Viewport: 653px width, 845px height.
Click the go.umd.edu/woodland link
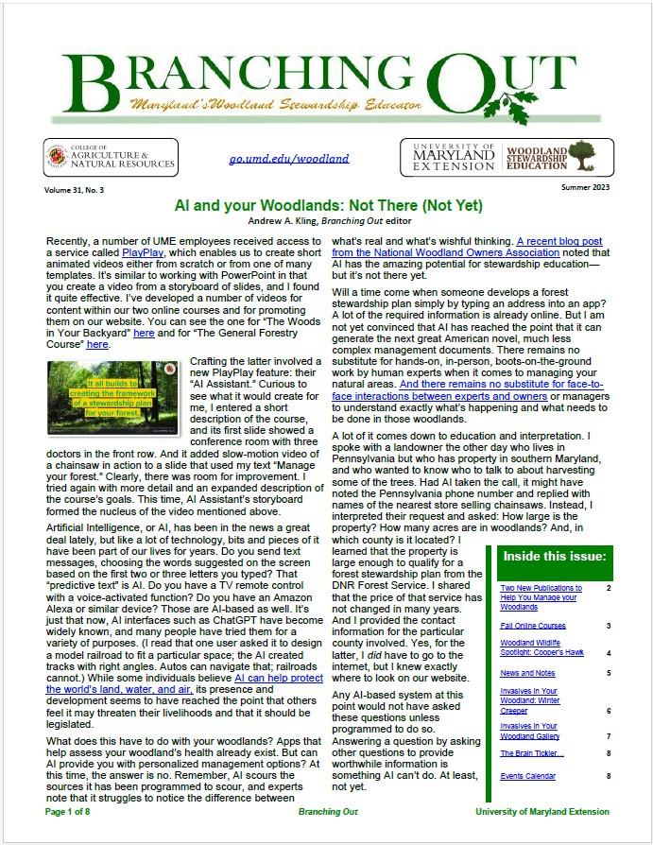pyautogui.click(x=288, y=159)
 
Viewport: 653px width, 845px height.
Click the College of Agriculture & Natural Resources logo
pyautogui.click(x=111, y=158)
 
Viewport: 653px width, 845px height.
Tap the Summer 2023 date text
pyautogui.click(x=585, y=190)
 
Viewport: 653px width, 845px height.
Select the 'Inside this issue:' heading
pyautogui.click(x=554, y=556)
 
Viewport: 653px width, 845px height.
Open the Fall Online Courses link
pyautogui.click(x=533, y=626)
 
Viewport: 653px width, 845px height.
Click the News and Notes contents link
pyautogui.click(x=527, y=673)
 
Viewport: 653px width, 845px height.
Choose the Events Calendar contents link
pyautogui.click(x=528, y=776)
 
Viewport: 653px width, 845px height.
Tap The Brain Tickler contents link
pyautogui.click(x=532, y=753)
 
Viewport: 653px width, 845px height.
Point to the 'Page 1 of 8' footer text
pyautogui.click(x=67, y=811)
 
